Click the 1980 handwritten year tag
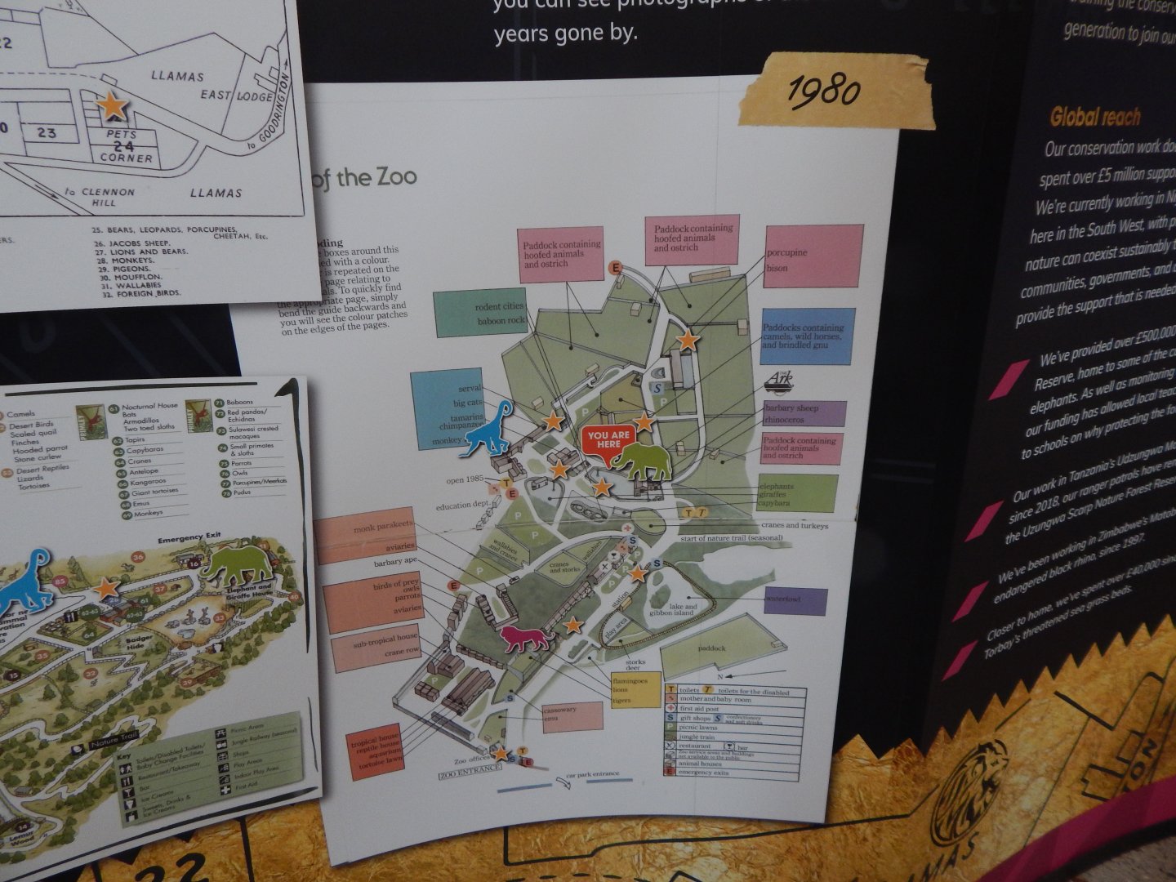point(825,91)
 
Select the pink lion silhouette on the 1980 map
point(527,638)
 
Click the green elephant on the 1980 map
point(643,462)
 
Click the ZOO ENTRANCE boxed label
point(469,773)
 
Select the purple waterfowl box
point(795,600)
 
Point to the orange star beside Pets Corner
point(112,105)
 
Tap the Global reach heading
point(1094,117)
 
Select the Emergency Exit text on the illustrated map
point(190,540)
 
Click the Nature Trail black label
point(113,744)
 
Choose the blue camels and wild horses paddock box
point(807,336)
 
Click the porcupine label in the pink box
point(786,252)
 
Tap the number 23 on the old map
point(47,132)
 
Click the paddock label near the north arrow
point(711,648)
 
